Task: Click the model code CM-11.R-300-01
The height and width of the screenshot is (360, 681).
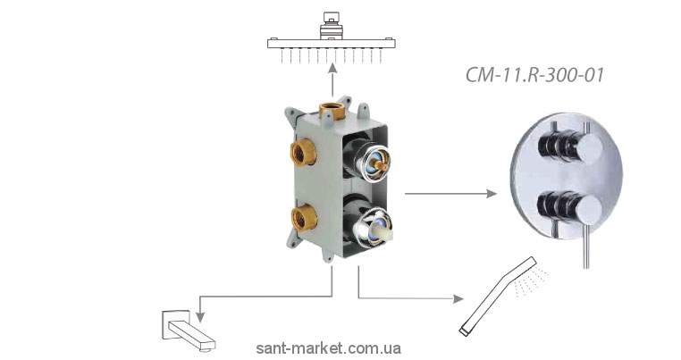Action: click(x=535, y=75)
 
